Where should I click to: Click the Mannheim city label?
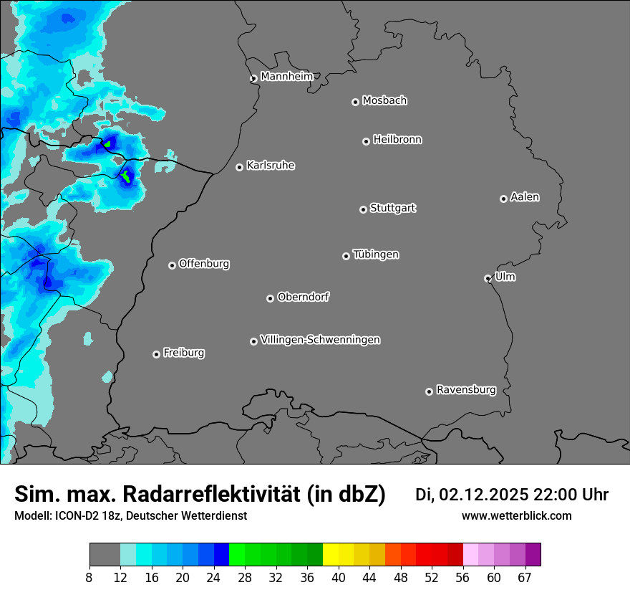pyautogui.click(x=286, y=76)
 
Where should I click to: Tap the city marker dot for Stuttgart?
pyautogui.click(x=363, y=209)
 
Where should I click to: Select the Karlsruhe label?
pyautogui.click(x=271, y=166)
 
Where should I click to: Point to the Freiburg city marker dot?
pyautogui.click(x=156, y=354)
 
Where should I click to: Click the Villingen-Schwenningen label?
pyautogui.click(x=320, y=340)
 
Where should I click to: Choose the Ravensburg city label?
pyautogui.click(x=466, y=390)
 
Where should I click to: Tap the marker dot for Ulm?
pyautogui.click(x=488, y=278)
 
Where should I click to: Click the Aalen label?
pyautogui.click(x=525, y=196)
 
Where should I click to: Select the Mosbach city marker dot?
pyautogui.click(x=355, y=102)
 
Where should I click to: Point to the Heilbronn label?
pyautogui.click(x=397, y=139)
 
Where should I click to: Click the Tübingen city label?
pyautogui.click(x=376, y=254)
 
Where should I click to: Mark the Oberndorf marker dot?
pyautogui.click(x=270, y=298)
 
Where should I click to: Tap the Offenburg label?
pyautogui.click(x=204, y=263)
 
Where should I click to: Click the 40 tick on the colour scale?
pyautogui.click(x=339, y=577)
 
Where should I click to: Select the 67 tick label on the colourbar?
pyautogui.click(x=525, y=577)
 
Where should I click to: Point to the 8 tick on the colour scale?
pyautogui.click(x=89, y=577)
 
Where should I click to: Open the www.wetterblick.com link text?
pyautogui.click(x=516, y=516)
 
